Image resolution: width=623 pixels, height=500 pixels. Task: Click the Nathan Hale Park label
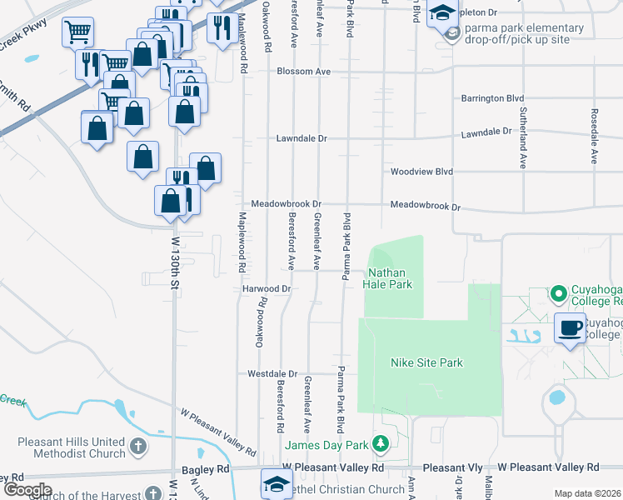tap(387, 278)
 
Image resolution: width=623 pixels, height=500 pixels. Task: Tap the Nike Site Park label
tap(426, 362)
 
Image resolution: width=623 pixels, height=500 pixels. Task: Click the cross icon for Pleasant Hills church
tap(137, 448)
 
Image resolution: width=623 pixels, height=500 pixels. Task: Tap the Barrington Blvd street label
tap(492, 98)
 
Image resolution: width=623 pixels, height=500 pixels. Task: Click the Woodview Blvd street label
tap(421, 172)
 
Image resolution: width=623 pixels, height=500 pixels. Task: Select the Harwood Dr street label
tap(266, 288)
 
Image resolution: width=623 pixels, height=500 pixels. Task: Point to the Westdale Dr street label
tap(272, 374)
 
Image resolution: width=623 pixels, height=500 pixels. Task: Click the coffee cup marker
tap(571, 327)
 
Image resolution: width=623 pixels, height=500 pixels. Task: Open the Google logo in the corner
tap(27, 490)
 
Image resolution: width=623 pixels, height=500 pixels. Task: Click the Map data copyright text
tap(588, 493)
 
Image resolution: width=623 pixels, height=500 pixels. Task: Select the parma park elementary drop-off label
tap(518, 32)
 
